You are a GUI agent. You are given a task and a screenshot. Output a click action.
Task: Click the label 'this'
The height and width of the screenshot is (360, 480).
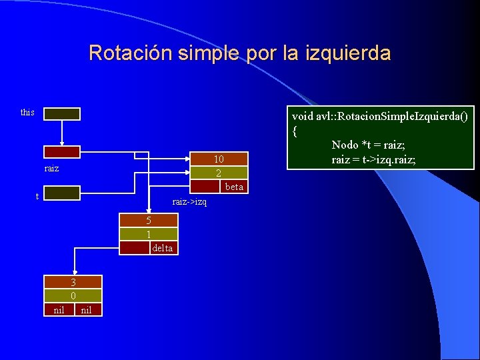point(27,112)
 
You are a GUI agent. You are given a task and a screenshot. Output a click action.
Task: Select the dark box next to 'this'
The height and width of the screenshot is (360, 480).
point(62,114)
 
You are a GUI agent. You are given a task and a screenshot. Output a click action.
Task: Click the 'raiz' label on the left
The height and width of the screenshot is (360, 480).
point(51,168)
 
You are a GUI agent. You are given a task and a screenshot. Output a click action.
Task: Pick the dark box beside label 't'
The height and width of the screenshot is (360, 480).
point(62,193)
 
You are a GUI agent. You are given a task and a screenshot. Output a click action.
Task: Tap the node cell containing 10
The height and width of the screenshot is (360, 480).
point(219,159)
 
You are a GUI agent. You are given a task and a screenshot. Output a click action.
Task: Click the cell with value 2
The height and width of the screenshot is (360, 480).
point(219,173)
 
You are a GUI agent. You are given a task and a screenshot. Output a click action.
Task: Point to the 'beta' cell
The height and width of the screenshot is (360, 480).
point(234,187)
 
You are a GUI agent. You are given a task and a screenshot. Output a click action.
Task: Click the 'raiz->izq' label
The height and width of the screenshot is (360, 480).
point(189,201)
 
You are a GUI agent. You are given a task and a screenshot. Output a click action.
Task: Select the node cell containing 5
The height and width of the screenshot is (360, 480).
point(149,221)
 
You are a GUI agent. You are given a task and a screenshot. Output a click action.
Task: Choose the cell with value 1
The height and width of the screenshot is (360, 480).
point(149,234)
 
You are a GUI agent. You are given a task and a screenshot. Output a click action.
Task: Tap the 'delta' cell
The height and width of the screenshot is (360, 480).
point(162,248)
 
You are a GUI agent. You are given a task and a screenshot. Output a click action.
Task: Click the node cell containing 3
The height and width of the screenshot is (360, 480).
point(73,282)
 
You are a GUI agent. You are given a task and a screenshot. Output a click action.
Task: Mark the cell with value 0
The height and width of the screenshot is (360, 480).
point(73,295)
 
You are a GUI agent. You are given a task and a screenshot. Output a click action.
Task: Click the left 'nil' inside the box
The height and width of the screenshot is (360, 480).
point(59,309)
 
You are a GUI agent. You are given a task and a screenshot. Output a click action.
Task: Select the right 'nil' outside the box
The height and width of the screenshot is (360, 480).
point(86,309)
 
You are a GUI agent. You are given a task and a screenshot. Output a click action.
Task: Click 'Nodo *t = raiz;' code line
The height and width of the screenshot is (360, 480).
point(368,145)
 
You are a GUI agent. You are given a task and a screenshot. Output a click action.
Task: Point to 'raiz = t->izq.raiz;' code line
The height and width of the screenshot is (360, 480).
point(373,159)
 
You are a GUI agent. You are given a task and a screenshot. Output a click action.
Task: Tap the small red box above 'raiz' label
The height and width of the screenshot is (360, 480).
point(62,152)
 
